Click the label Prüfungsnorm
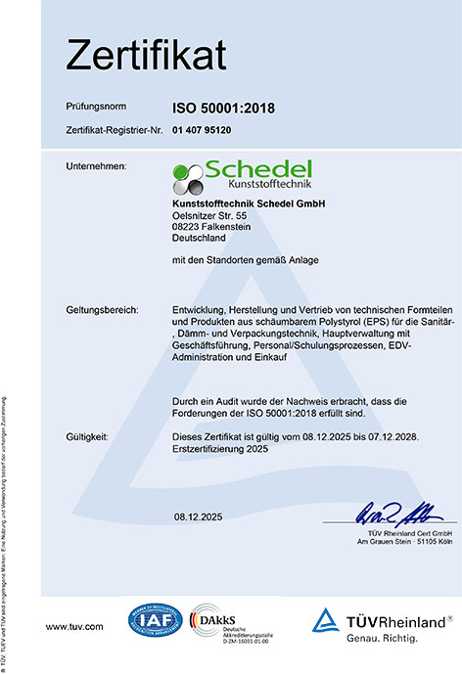tap(96, 104)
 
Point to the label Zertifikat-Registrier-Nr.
tap(111, 129)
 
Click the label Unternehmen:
tap(96, 167)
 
